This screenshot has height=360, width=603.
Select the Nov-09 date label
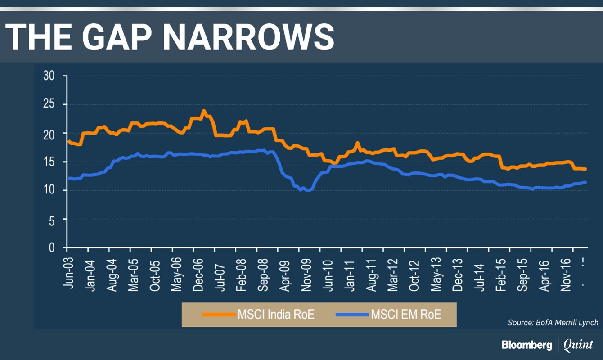pos(307,272)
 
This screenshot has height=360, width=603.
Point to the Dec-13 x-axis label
pos(458,272)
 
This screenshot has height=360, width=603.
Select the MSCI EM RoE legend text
pos(406,314)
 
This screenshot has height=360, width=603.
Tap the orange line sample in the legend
pos(219,314)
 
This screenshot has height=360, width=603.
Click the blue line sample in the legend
pos(352,314)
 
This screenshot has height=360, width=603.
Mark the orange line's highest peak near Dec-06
pos(203,110)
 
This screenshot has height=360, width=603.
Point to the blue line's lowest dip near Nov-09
pos(307,190)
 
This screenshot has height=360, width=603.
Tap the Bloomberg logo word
pos(527,345)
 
